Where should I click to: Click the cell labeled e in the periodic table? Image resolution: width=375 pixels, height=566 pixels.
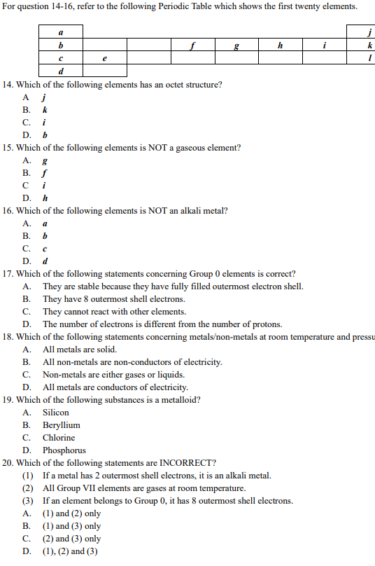[104, 58]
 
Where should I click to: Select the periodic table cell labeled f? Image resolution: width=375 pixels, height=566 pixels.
[192, 46]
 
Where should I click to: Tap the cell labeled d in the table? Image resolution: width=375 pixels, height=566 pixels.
[61, 71]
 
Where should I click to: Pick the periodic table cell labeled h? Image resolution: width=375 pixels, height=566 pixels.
[280, 46]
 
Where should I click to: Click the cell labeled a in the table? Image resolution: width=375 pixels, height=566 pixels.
[61, 33]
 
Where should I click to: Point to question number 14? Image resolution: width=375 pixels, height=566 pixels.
[8, 85]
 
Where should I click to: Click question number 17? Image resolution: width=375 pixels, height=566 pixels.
[8, 274]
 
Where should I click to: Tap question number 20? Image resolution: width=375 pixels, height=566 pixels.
[8, 463]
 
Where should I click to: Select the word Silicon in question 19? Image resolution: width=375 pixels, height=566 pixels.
[56, 413]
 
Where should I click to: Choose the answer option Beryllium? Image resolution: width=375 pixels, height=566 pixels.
[61, 425]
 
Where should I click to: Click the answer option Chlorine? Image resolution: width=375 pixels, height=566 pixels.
[59, 438]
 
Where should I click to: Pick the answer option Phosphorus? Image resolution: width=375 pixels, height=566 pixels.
[64, 450]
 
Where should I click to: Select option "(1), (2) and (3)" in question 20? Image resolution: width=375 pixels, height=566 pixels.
[70, 551]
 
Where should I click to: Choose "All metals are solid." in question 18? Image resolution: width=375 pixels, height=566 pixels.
[80, 350]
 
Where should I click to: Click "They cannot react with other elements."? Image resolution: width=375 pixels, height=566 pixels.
[114, 312]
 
